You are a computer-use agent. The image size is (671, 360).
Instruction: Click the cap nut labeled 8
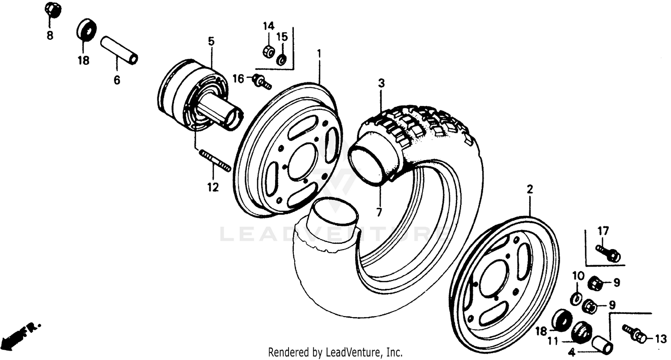pos(53,10)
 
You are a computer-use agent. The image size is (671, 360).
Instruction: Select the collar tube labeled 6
pos(119,50)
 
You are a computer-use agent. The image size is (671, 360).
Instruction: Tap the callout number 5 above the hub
pos(211,42)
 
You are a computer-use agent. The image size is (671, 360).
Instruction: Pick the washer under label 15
pos(282,59)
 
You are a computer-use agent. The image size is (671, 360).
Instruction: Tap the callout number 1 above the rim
pos(319,54)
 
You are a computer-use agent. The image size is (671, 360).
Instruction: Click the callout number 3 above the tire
pos(381,83)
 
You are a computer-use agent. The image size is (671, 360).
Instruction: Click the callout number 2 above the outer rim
pos(530,190)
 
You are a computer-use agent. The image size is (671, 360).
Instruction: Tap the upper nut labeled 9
pos(595,283)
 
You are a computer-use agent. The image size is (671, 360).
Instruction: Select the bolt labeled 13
pos(635,333)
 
